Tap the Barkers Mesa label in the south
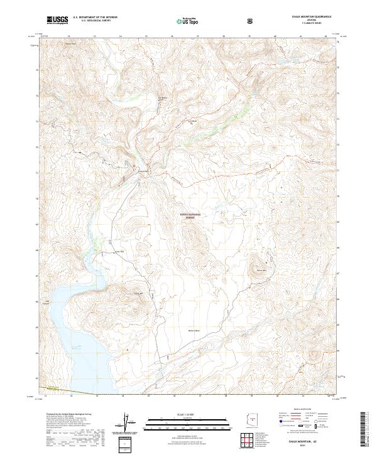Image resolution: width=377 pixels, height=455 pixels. coord(194,330)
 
